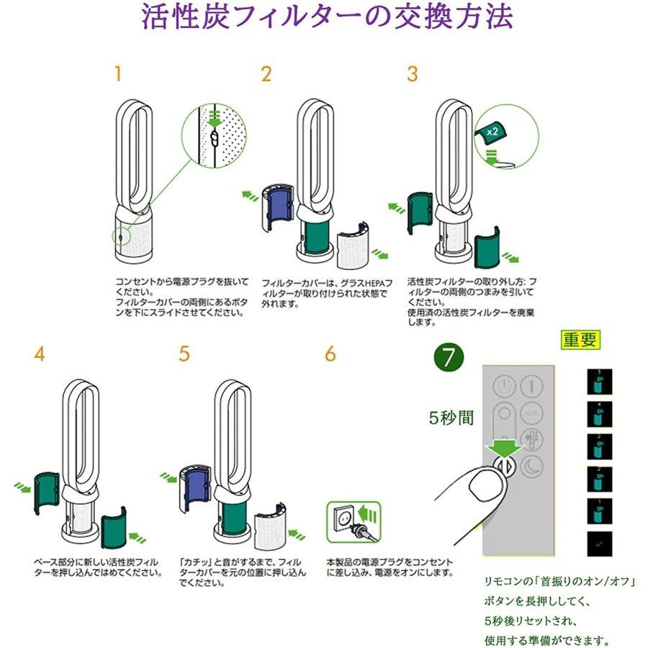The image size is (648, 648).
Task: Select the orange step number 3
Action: pos(412,73)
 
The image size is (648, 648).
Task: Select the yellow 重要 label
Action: pos(580,339)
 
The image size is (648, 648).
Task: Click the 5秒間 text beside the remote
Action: pos(451,418)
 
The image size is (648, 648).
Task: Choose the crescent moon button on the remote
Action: pos(534,464)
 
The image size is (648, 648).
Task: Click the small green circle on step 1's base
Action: pos(120,235)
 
